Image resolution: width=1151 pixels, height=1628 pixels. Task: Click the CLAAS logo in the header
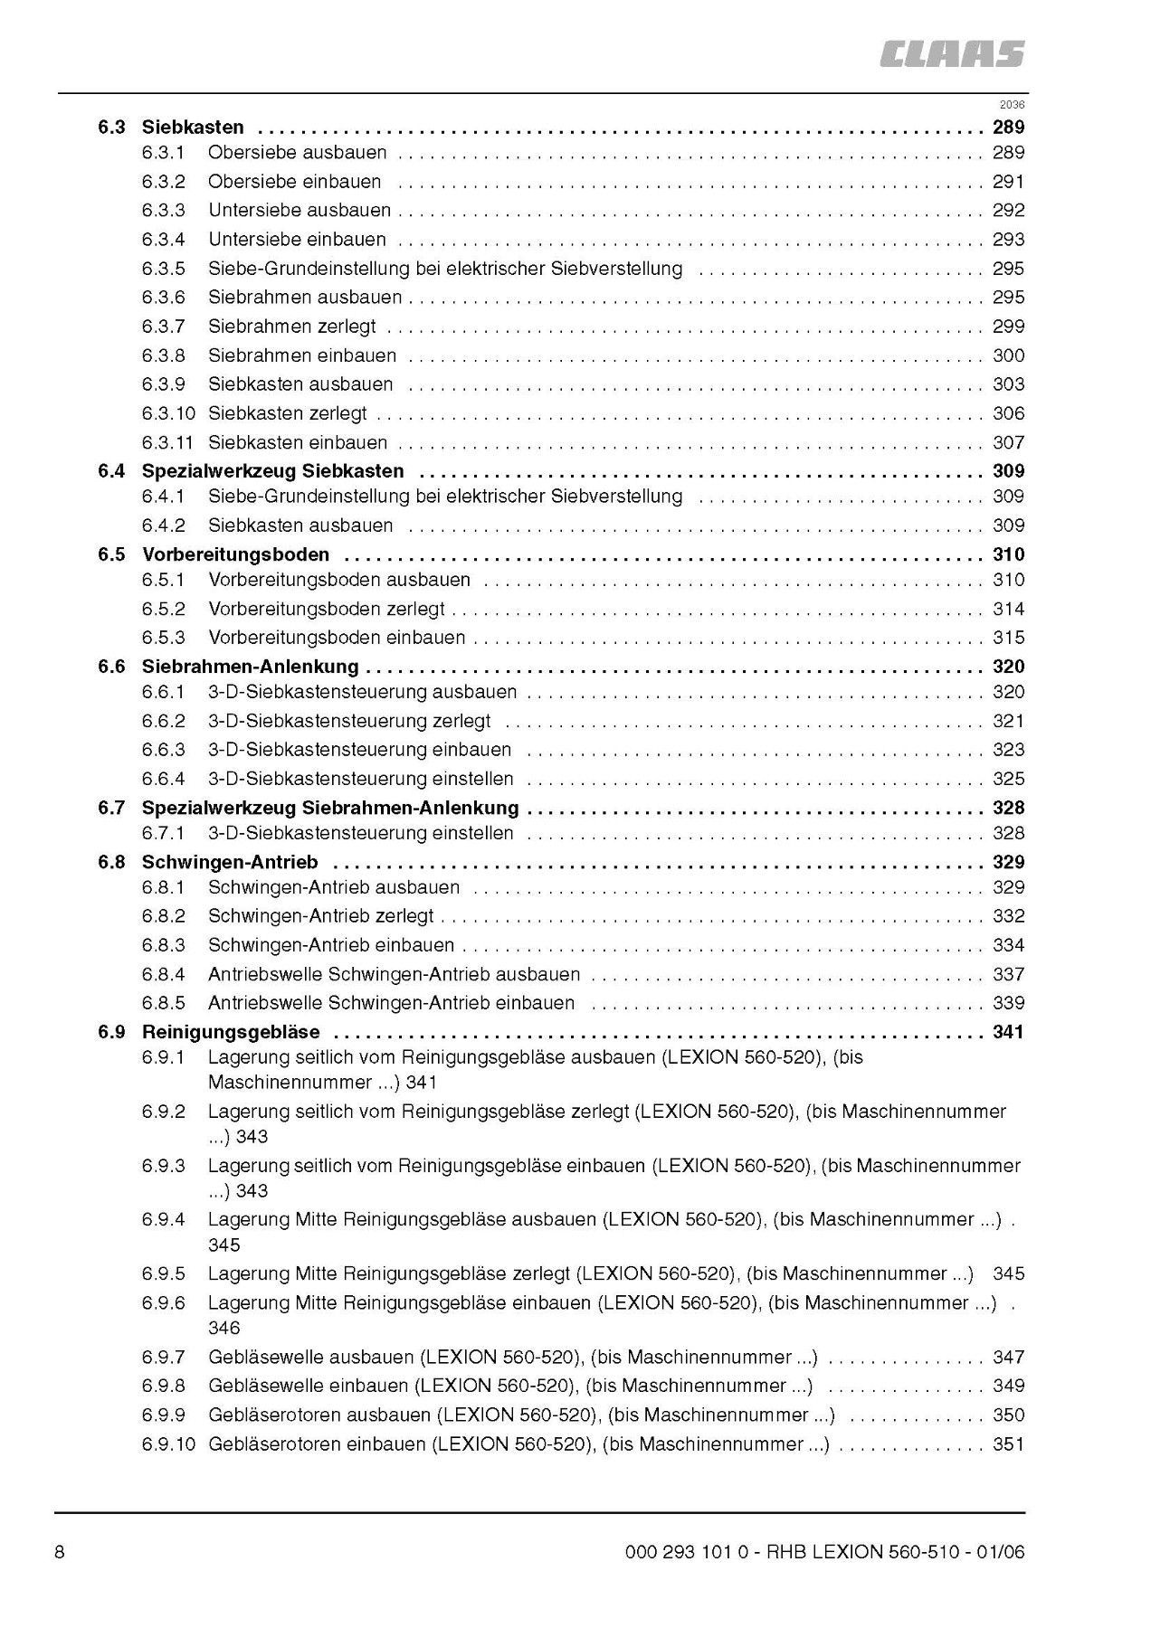click(953, 54)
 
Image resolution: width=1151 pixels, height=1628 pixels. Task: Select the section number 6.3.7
click(163, 327)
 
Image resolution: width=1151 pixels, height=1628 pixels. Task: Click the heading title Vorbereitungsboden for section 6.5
click(235, 554)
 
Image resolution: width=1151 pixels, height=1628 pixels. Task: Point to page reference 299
click(1008, 327)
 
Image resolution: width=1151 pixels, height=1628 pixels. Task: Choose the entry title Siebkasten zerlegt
click(288, 413)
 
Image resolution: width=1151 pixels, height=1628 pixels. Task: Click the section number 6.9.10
click(168, 1444)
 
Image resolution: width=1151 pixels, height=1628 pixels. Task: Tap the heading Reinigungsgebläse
click(231, 1032)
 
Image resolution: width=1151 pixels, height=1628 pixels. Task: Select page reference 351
click(1008, 1444)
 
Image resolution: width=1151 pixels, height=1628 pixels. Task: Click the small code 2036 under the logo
click(1013, 104)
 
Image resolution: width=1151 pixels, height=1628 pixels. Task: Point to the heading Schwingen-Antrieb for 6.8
click(230, 862)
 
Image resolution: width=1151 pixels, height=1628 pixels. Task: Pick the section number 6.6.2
click(163, 721)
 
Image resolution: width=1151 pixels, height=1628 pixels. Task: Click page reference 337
click(1008, 974)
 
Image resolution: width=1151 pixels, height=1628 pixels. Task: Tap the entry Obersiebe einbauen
click(295, 182)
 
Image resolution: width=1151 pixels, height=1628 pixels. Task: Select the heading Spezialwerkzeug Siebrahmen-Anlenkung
click(330, 808)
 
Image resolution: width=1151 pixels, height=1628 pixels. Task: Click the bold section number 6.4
click(111, 471)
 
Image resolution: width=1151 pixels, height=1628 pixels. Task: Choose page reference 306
click(1008, 413)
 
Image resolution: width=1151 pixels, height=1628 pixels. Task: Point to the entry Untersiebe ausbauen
click(300, 211)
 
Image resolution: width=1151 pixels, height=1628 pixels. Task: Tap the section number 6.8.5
click(163, 1003)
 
